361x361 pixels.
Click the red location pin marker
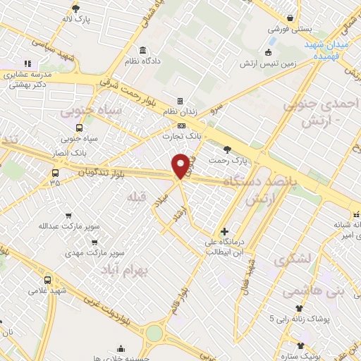click(x=181, y=165)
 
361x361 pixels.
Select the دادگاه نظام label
click(x=143, y=61)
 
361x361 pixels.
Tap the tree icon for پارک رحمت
click(x=226, y=149)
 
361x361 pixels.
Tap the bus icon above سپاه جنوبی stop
click(x=79, y=128)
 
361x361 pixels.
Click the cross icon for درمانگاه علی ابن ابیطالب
click(x=224, y=231)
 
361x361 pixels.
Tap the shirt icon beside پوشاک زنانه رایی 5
click(x=300, y=307)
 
